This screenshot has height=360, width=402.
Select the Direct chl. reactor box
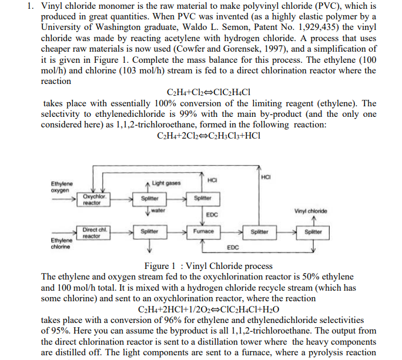pos(93,232)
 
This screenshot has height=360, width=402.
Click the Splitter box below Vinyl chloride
pos(313,231)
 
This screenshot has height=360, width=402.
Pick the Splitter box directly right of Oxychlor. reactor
pos(149,198)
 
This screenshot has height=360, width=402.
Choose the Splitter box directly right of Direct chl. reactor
pos(149,231)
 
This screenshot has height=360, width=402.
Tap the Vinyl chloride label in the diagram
pos(312,211)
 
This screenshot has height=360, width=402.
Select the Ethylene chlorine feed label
pos(62,243)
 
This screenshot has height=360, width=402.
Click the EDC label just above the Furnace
pos(213,215)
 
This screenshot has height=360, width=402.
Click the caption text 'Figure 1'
pos(162,266)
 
